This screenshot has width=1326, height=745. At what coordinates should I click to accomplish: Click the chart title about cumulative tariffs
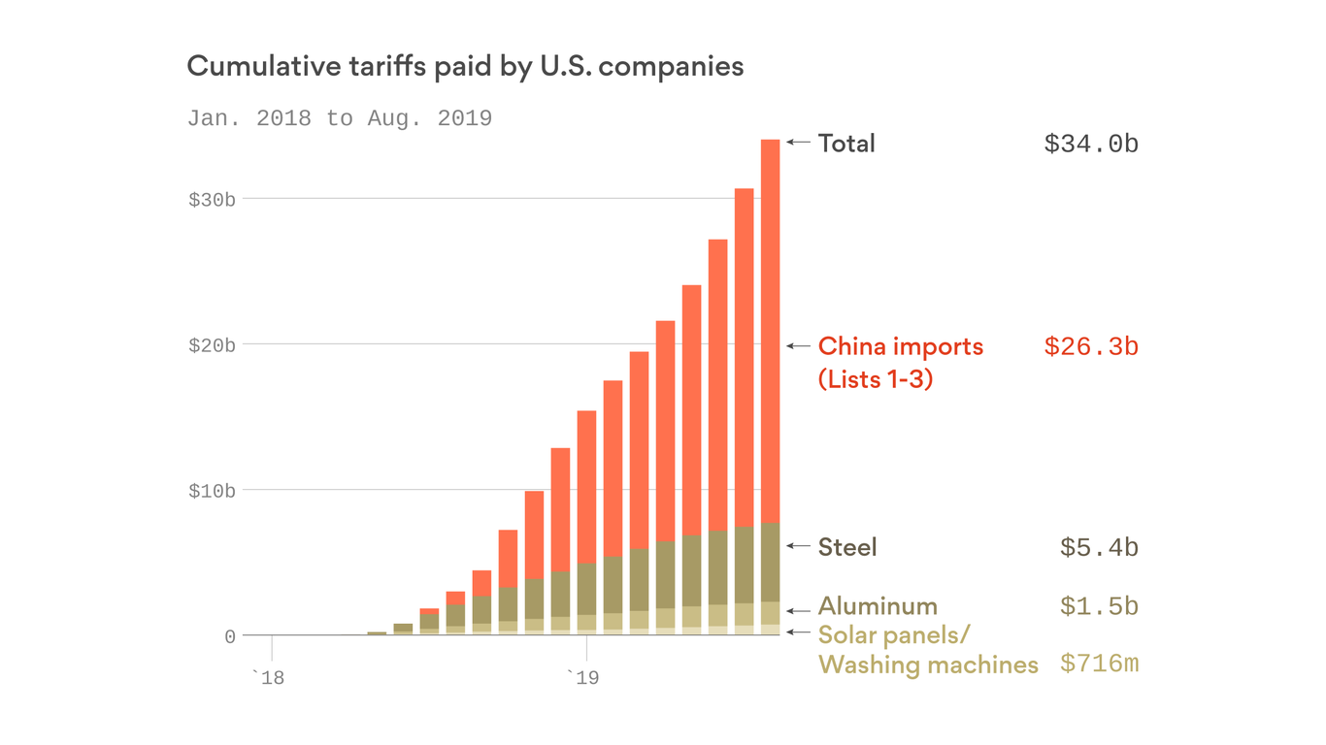pos(465,66)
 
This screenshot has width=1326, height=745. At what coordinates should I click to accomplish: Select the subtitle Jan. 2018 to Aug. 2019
pos(339,118)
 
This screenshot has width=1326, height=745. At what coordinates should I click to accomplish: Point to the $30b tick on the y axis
pos(212,200)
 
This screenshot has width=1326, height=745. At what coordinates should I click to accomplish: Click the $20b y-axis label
pos(212,345)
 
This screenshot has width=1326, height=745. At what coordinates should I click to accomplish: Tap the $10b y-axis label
pos(212,491)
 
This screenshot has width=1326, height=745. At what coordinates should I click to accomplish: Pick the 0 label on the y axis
pos(230,636)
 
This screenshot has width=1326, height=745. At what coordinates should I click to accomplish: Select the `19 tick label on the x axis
pos(582,677)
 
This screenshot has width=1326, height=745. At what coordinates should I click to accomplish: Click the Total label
pos(846,144)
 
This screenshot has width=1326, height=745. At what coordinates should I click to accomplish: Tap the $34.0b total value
pos(1091,144)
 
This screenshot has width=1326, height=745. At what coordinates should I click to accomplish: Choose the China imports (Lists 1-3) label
pos(900,362)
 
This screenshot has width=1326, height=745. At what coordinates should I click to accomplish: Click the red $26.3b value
pos(1091,346)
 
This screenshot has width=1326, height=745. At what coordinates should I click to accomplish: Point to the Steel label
pos(847,547)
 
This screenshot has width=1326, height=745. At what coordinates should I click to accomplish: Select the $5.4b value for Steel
pos(1099,547)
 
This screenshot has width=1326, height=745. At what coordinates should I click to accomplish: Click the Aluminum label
pos(878,606)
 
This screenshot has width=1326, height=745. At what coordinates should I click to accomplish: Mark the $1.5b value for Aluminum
pos(1099,606)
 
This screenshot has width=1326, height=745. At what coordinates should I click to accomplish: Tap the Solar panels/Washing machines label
pos(927,650)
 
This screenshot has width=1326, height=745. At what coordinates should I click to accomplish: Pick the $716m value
pos(1099,664)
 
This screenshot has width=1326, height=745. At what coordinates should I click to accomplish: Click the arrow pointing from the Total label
pos(798,142)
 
